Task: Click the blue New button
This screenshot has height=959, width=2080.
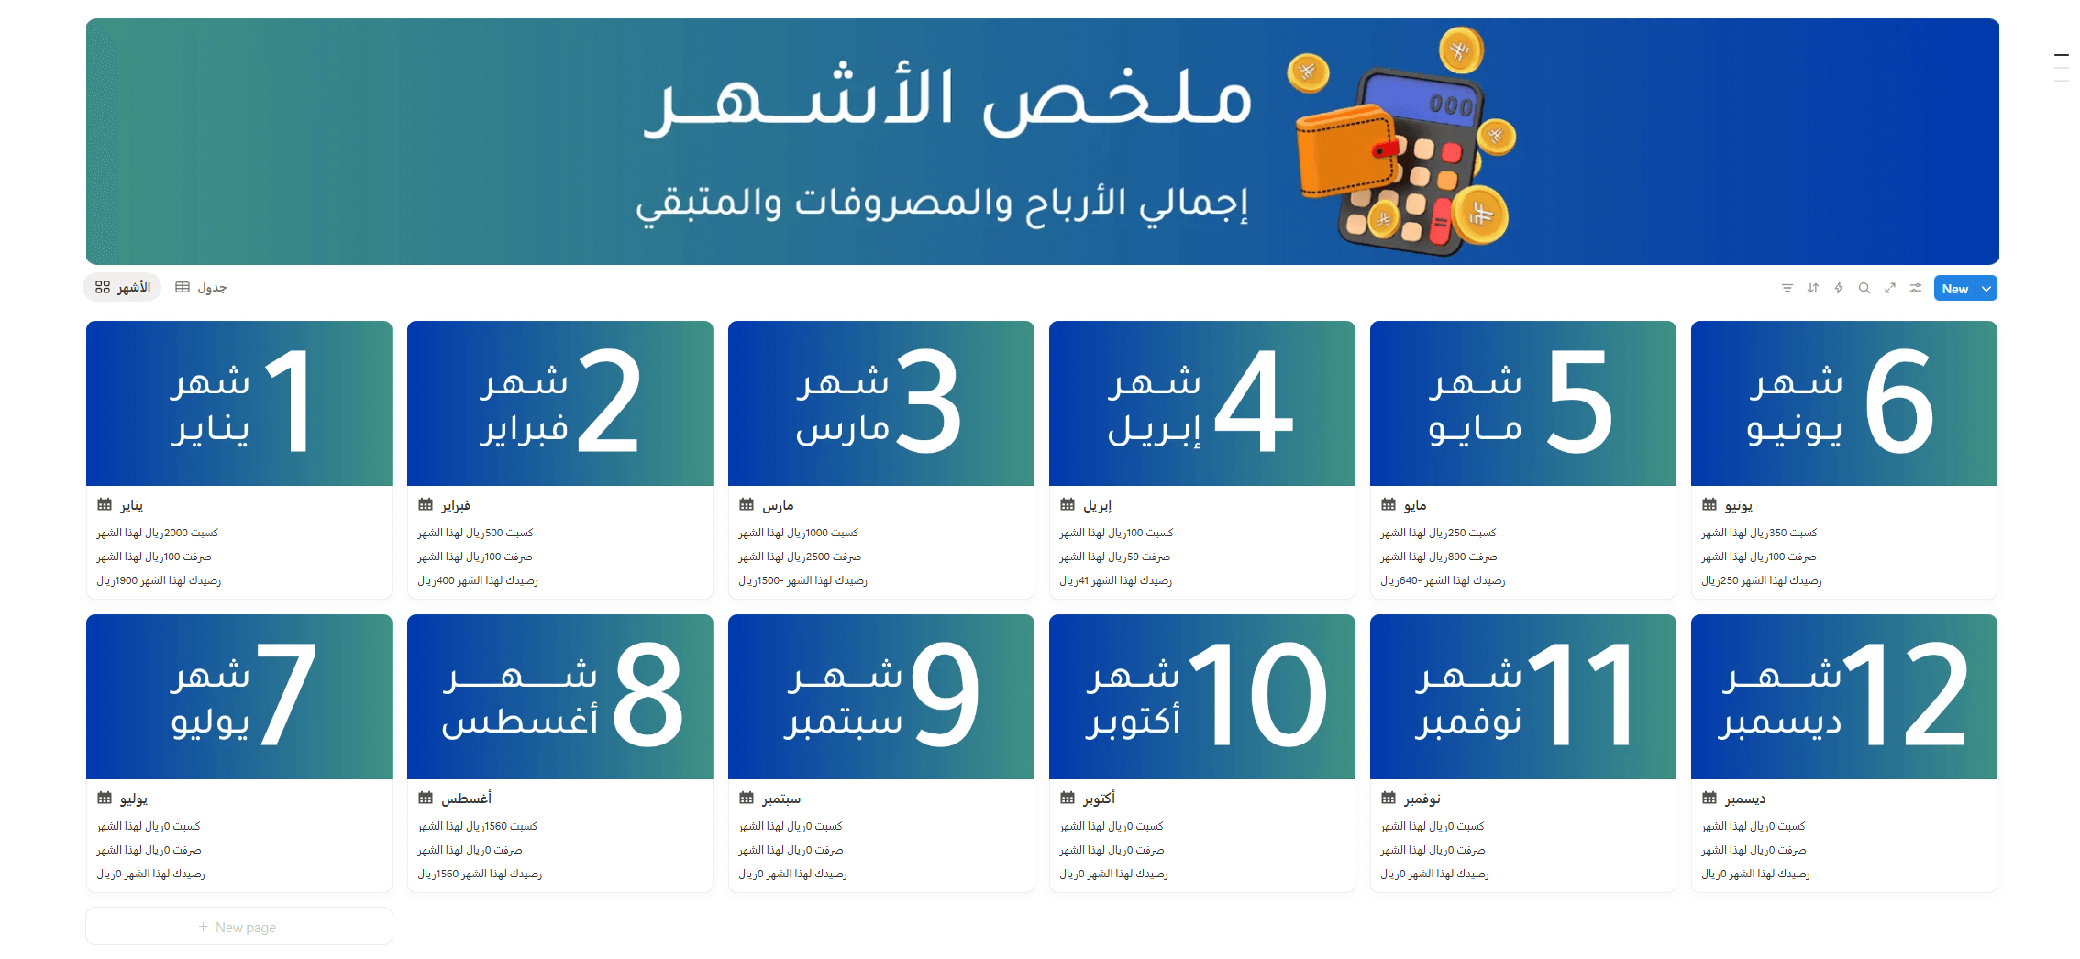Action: pos(1955,289)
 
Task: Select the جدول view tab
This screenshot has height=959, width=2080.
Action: pos(201,288)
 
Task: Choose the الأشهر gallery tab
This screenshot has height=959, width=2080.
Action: pos(122,288)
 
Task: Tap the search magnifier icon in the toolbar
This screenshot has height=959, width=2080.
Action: pos(1864,288)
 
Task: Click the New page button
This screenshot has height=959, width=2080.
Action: pos(238,927)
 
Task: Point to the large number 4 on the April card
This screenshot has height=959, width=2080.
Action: pos(1254,401)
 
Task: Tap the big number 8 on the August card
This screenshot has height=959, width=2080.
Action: pos(648,694)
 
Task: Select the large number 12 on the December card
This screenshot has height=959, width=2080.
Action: pos(1904,694)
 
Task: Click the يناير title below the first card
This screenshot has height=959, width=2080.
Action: pos(131,505)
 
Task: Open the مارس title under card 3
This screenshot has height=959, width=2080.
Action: pos(778,505)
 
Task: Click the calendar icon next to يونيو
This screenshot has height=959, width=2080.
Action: pos(1709,504)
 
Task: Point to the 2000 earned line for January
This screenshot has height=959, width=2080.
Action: pos(158,533)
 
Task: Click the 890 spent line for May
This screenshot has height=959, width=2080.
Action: pos(1439,557)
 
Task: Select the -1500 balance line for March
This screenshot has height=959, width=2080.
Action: pos(802,580)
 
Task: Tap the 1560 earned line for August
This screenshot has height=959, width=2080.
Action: pos(477,826)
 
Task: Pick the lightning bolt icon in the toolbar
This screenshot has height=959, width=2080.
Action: pos(1839,288)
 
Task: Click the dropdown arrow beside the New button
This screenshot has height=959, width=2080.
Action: pos(1986,289)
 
